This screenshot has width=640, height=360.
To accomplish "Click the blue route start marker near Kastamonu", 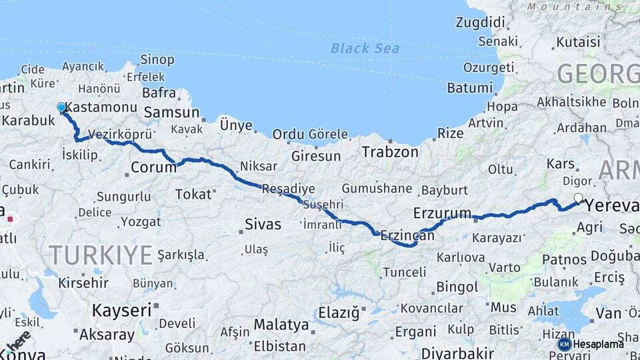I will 62,107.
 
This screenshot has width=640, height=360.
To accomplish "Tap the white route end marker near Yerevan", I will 578,197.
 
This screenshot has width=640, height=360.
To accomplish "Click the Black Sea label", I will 365,48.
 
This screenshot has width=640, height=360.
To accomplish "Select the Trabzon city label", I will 390,152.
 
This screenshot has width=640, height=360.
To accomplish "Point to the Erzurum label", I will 442,213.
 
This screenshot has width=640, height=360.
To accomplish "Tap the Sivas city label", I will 263,224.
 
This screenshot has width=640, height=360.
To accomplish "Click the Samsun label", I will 171,113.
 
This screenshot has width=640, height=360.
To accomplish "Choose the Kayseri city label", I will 121,310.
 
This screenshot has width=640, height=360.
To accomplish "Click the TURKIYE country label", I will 101,254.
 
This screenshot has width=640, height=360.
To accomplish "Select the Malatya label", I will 281,325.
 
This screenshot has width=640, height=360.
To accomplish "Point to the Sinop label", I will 157,60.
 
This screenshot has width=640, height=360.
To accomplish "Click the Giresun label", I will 316,157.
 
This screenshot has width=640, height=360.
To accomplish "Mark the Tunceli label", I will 404,272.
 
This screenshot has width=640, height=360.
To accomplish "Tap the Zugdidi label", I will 480,23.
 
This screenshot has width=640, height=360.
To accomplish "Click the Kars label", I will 560,163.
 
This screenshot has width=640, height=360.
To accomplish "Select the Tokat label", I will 193,194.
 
